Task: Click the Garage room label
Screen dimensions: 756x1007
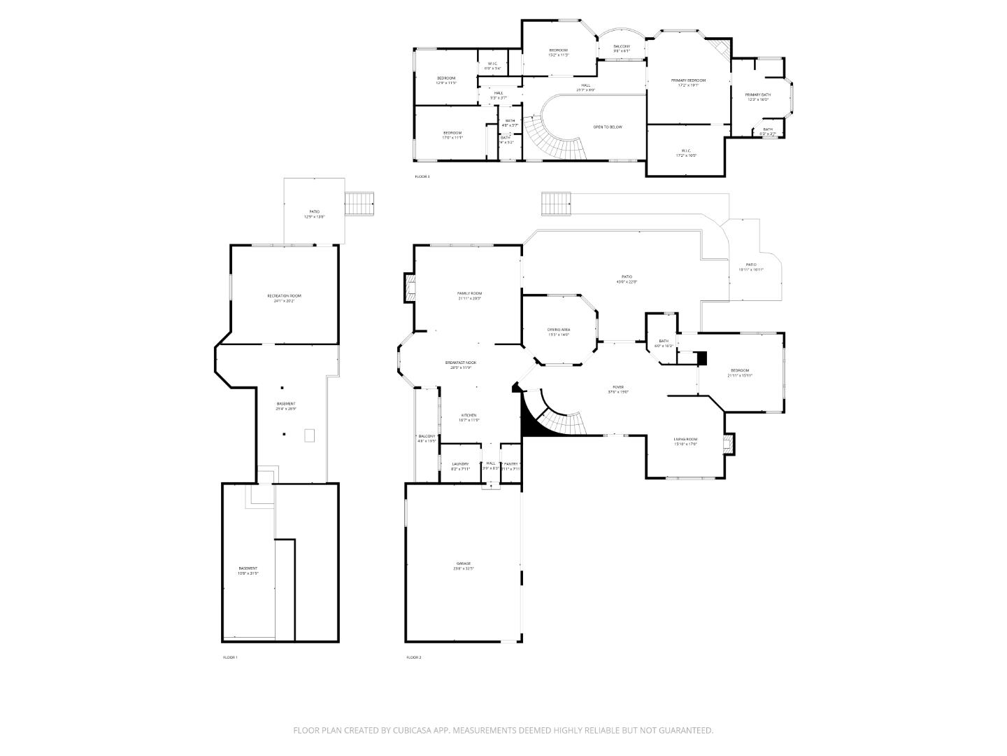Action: click(x=464, y=563)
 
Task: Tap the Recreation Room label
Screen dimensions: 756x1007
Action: click(x=284, y=296)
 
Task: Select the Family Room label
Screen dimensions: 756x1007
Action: click(x=469, y=293)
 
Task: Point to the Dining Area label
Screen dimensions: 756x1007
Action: click(x=558, y=330)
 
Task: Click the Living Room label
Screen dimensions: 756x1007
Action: click(x=685, y=440)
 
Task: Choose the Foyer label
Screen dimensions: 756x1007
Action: click(x=618, y=387)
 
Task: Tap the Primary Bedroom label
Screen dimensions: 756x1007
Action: click(x=688, y=80)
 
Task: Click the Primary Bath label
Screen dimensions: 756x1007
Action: click(x=757, y=94)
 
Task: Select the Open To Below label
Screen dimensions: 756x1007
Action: click(x=608, y=127)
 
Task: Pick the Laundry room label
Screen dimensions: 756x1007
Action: click(x=460, y=464)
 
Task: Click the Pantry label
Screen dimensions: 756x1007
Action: click(x=511, y=464)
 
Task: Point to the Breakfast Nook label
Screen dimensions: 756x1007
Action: click(x=461, y=363)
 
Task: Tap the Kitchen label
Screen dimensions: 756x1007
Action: click(x=469, y=415)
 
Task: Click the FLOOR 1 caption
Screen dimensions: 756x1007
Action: click(x=230, y=657)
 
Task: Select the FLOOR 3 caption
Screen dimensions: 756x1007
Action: click(x=422, y=176)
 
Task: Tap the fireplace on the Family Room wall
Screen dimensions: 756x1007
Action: click(x=409, y=288)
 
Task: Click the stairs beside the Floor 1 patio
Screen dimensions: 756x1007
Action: click(x=360, y=204)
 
